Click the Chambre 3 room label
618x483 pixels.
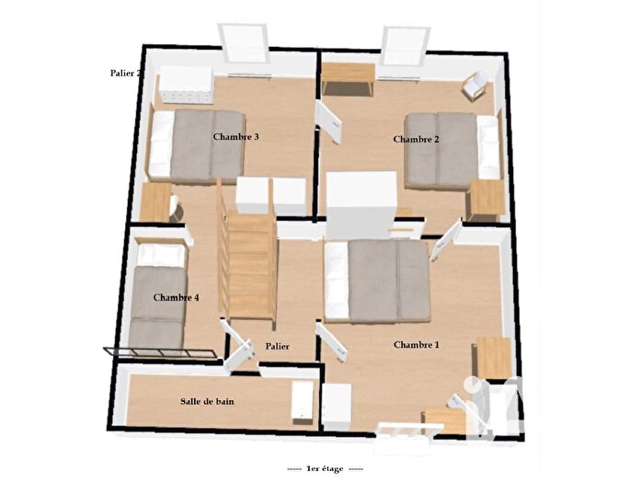(235, 137)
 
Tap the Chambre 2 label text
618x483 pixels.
(416, 140)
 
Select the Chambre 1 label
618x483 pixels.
(416, 345)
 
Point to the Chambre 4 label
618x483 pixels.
(177, 297)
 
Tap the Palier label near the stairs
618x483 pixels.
(277, 346)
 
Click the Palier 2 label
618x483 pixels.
(124, 73)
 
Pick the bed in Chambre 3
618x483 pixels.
(197, 144)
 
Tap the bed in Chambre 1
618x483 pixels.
(378, 280)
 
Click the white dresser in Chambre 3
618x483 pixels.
(188, 86)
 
